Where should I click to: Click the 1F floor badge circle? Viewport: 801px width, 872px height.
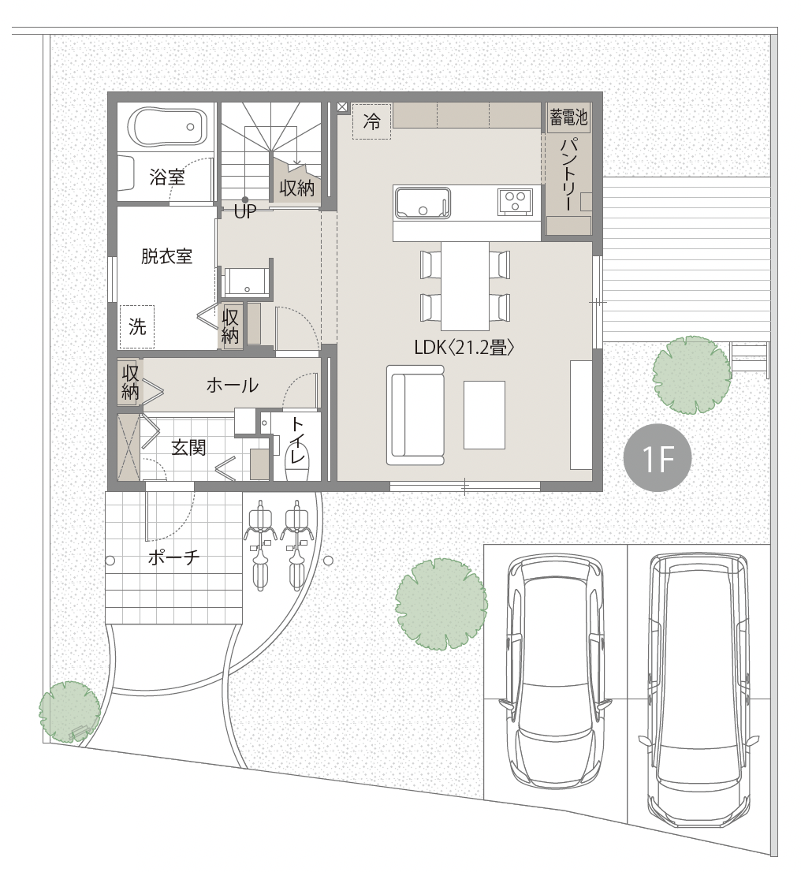pyautogui.click(x=658, y=458)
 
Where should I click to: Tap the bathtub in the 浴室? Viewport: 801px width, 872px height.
pyautogui.click(x=168, y=127)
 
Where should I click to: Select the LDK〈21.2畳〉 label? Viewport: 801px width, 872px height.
pyautogui.click(x=464, y=348)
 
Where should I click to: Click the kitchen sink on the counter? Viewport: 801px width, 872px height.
pyautogui.click(x=423, y=203)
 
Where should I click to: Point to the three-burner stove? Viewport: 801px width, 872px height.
pyautogui.click(x=515, y=201)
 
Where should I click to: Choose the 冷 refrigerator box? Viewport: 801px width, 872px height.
pyautogui.click(x=372, y=121)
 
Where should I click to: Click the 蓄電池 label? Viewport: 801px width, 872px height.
pyautogui.click(x=568, y=117)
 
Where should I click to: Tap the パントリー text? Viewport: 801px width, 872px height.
pyautogui.click(x=568, y=173)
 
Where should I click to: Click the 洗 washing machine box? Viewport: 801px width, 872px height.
pyautogui.click(x=137, y=326)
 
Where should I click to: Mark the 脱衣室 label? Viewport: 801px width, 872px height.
pyautogui.click(x=166, y=256)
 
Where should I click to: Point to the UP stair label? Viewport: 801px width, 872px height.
pyautogui.click(x=244, y=211)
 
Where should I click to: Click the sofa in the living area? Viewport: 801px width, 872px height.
pyautogui.click(x=415, y=415)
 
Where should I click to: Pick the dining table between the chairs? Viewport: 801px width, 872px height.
pyautogui.click(x=466, y=285)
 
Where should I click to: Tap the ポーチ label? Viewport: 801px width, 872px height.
pyautogui.click(x=173, y=557)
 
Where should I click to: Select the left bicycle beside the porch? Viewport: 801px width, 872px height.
pyautogui.click(x=260, y=545)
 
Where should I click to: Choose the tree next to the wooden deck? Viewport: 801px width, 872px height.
pyautogui.click(x=691, y=375)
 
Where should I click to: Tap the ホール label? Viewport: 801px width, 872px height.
pyautogui.click(x=232, y=385)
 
